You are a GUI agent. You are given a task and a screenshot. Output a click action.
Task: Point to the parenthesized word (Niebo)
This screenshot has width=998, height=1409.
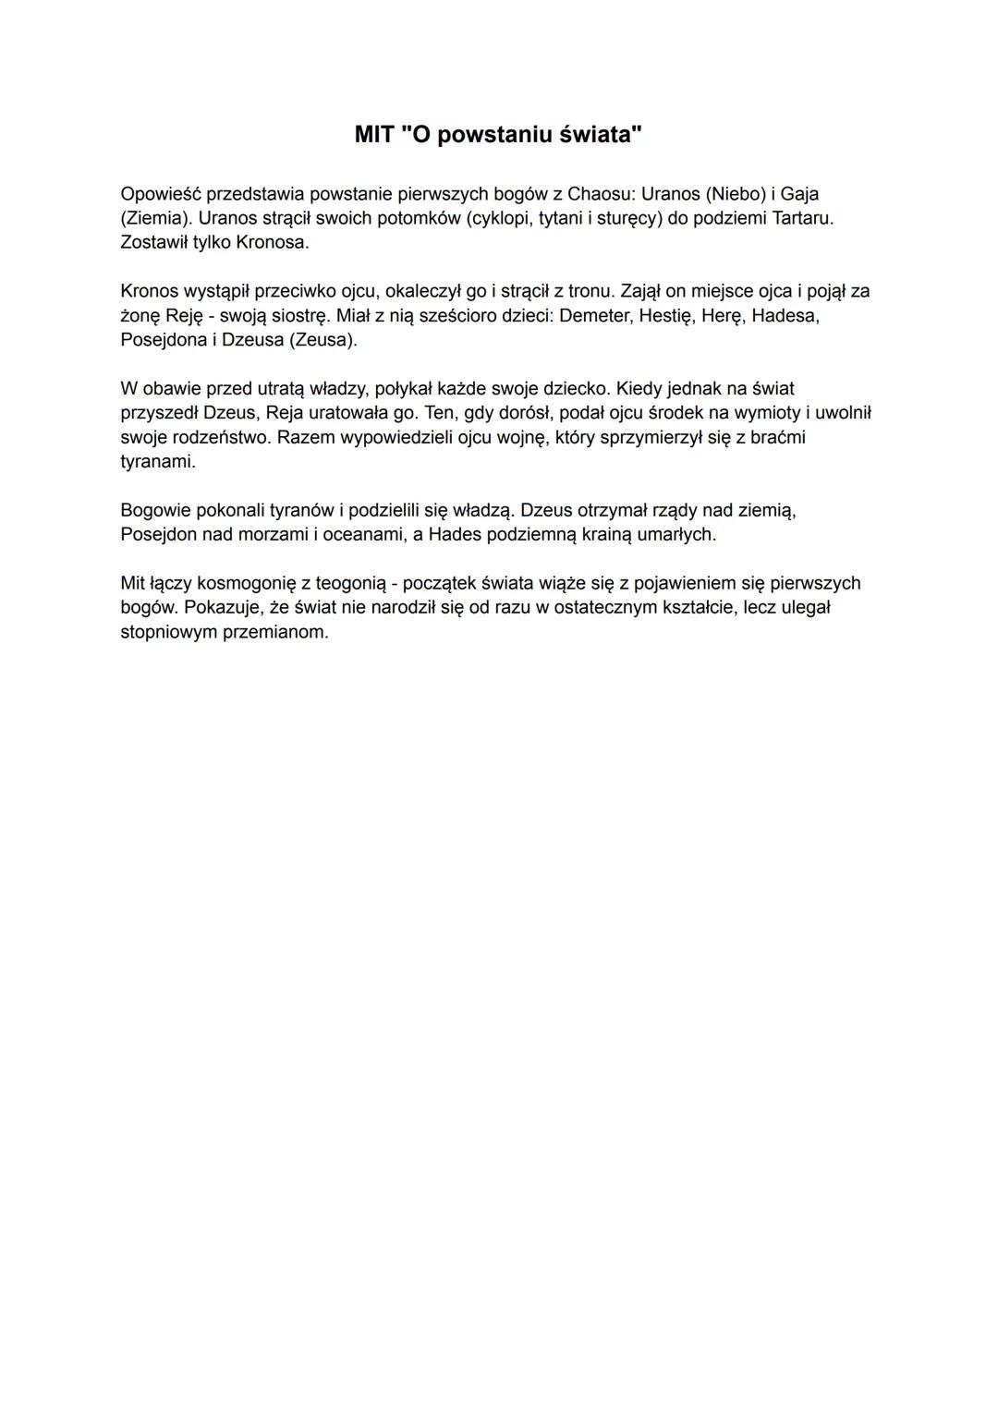pyautogui.click(x=735, y=194)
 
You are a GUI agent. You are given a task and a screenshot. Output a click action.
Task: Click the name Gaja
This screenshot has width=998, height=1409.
pyautogui.click(x=799, y=194)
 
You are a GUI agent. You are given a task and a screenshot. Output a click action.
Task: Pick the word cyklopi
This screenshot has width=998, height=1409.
pyautogui.click(x=503, y=219)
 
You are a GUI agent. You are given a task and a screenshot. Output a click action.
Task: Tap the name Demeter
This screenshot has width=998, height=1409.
pyautogui.click(x=594, y=316)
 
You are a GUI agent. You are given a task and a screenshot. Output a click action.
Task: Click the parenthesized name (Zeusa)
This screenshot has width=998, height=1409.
pyautogui.click(x=323, y=340)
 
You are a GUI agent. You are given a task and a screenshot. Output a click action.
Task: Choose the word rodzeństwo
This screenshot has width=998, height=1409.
pyautogui.click(x=220, y=437)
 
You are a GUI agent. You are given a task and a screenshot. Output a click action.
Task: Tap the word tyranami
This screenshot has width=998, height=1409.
pyautogui.click(x=157, y=461)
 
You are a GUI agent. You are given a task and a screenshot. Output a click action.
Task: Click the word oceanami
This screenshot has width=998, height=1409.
pyautogui.click(x=360, y=534)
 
